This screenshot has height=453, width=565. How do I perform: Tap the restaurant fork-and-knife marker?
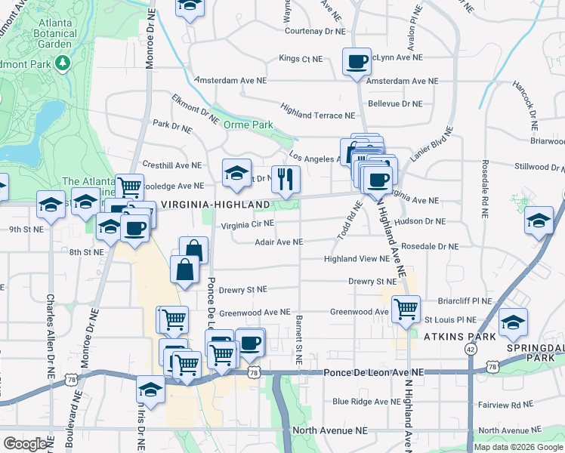coord(286,179)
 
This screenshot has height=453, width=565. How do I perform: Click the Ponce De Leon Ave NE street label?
coord(374,373)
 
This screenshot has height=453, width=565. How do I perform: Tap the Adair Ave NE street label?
coord(278,242)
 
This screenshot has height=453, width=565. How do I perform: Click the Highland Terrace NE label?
coord(317,116)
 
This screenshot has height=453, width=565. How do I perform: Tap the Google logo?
coord(25,444)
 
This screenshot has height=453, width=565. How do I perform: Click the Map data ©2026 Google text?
coord(519,447)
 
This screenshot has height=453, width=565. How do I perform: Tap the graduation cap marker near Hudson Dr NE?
coord(539,221)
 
